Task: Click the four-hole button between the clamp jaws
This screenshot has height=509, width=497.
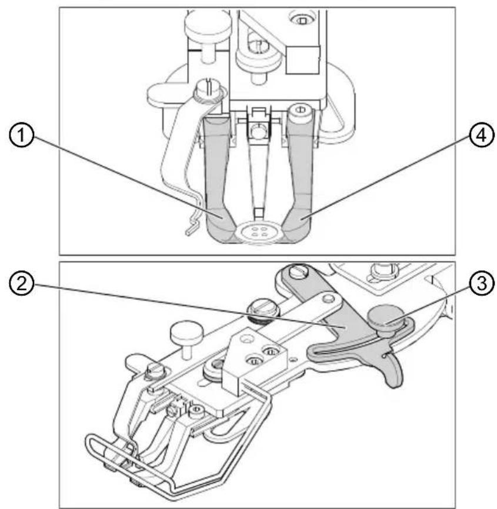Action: click(x=255, y=231)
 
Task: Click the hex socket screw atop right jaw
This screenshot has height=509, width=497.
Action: click(x=298, y=109)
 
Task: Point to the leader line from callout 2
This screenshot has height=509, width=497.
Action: click(x=176, y=300)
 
